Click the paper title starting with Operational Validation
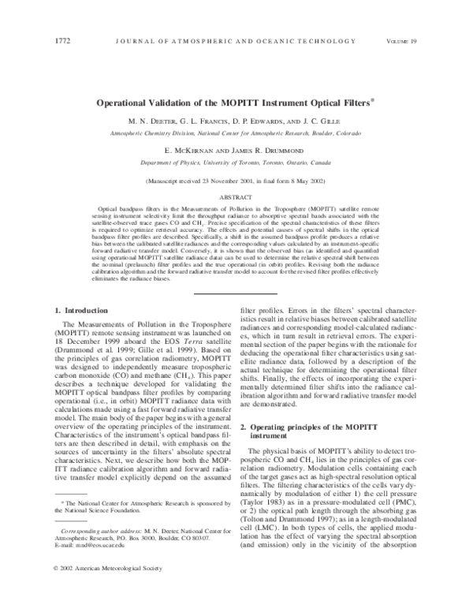(236, 102)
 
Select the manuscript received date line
(236, 181)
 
